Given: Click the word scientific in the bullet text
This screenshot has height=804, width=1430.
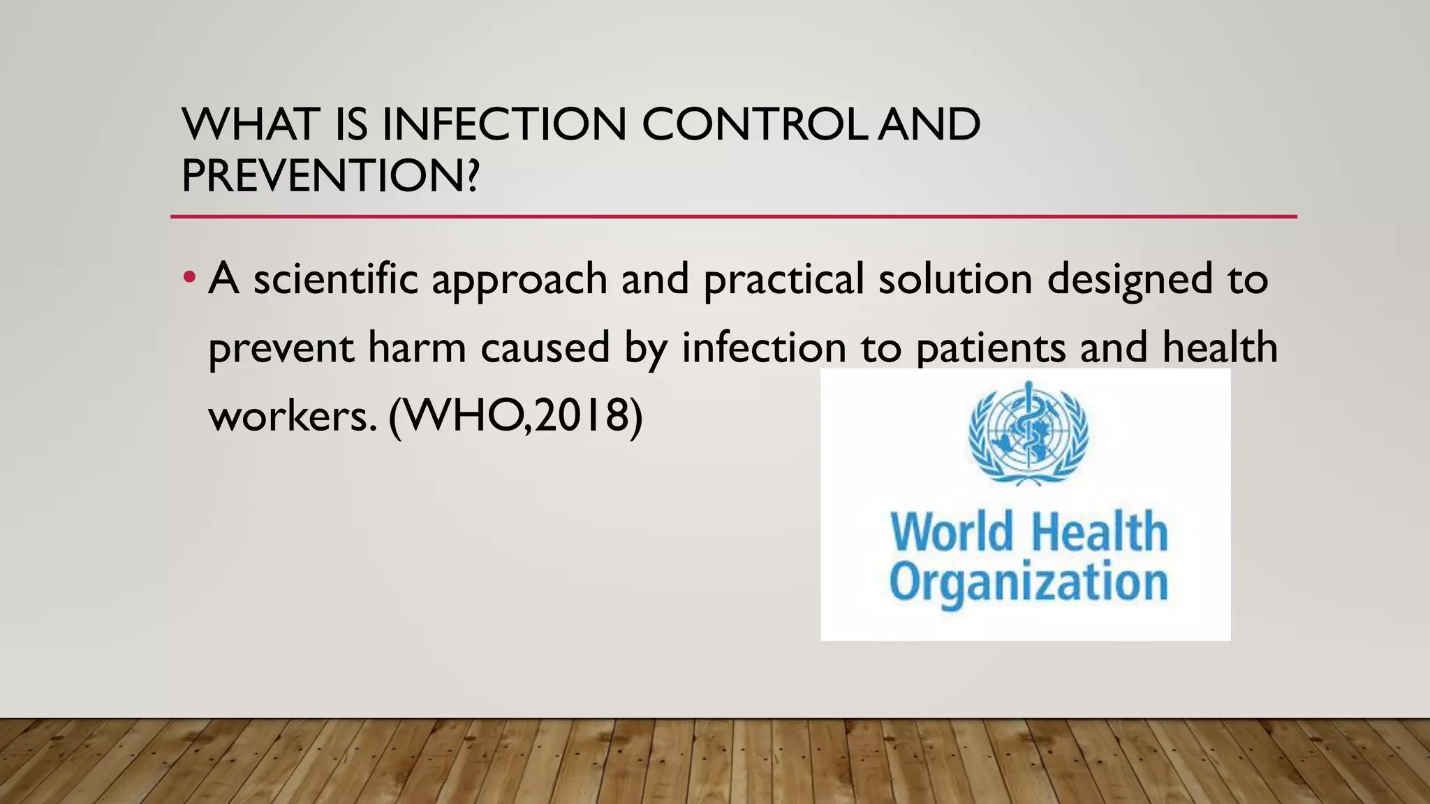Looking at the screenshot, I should (335, 278).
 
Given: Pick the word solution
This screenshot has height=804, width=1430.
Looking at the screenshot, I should (955, 278).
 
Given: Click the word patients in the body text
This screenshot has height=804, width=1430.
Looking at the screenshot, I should (990, 348).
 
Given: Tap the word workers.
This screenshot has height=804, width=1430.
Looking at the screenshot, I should (292, 416).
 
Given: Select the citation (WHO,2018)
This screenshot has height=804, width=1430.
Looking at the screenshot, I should (515, 417).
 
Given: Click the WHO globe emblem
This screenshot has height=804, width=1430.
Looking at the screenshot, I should (1028, 433).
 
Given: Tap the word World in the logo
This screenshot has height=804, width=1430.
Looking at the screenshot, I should (952, 532).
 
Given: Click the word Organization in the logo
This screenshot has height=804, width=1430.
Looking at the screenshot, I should (1028, 583).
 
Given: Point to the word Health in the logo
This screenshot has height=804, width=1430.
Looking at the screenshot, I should (1099, 532).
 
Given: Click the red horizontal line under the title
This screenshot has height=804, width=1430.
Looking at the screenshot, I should (733, 217).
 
